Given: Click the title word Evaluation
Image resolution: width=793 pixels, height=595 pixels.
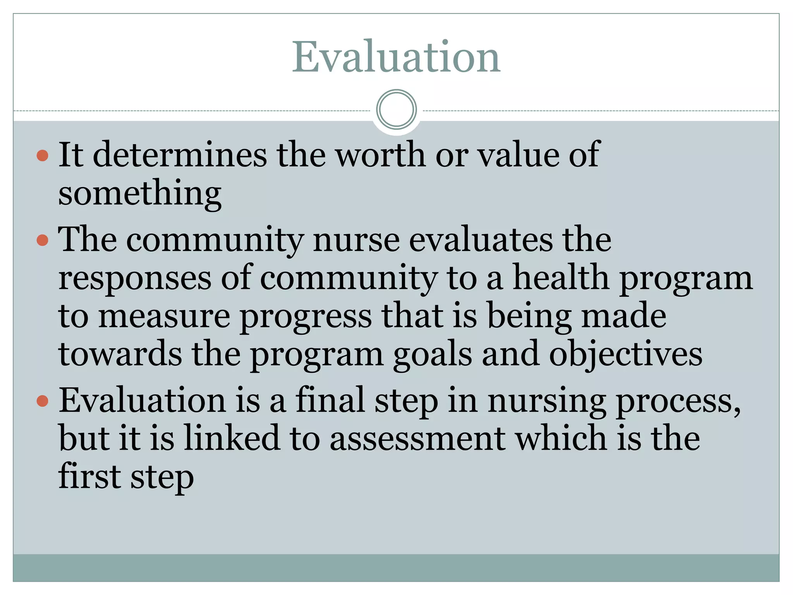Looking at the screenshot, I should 396,57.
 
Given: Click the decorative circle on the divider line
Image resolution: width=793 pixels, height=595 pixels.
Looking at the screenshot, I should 396,109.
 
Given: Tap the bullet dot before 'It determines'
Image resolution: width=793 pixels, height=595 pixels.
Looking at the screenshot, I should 42,156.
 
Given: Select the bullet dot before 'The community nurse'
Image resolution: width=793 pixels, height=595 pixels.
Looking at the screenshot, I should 42,240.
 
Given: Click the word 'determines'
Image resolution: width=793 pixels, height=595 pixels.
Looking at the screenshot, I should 180,155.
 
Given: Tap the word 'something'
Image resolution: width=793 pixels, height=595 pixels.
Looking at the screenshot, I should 140,194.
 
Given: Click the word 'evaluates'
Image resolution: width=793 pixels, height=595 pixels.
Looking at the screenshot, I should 481,239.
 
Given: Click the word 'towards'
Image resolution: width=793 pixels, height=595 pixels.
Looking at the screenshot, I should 120,354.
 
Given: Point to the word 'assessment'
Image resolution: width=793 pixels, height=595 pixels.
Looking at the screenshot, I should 417,439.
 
